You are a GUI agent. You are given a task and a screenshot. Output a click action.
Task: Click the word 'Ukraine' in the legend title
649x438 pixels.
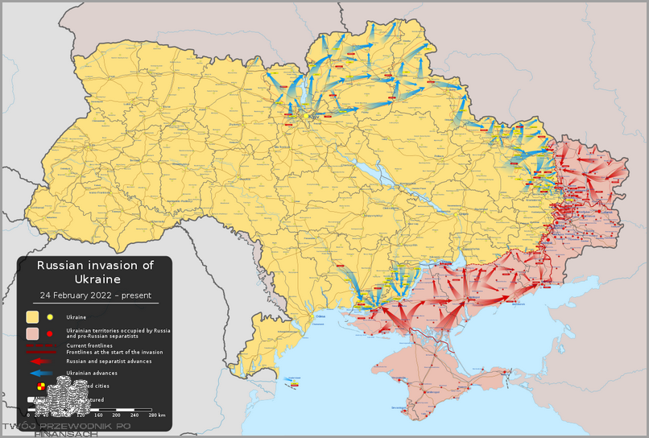[96, 279]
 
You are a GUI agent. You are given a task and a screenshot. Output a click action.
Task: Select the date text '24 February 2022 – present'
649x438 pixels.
[96, 295]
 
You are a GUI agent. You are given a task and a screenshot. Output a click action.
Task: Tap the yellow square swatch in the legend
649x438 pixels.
[33, 317]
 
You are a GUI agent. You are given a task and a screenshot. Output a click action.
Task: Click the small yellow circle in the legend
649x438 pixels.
[50, 317]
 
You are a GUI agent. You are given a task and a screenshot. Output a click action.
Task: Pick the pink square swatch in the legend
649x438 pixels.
[33, 333]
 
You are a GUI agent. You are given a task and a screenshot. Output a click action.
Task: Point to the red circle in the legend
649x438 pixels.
[50, 333]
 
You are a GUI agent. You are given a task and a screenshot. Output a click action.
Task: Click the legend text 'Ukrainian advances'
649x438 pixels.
[92, 374]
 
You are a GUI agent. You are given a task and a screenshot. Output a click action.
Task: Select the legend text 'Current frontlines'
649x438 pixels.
[89, 345]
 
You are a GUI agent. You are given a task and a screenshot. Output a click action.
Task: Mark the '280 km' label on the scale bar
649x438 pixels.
[156, 415]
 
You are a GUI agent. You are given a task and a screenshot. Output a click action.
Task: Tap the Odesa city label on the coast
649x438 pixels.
[320, 317]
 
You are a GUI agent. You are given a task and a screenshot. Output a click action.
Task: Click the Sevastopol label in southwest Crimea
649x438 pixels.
[400, 408]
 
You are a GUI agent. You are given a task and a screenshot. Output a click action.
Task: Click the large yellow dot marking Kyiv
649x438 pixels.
[304, 118]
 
